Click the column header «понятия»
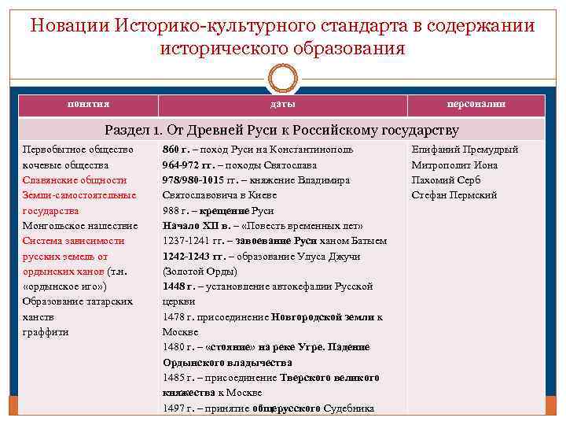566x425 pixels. click(88, 105)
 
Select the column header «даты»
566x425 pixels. click(283, 105)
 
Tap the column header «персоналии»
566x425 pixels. click(476, 105)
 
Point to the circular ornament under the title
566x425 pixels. click(282, 79)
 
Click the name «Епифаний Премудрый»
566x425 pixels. click(465, 150)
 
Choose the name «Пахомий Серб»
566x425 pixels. click(446, 179)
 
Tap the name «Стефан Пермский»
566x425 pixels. click(454, 195)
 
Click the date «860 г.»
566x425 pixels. click(176, 150)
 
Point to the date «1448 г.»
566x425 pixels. click(177, 286)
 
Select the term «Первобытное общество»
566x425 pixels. click(78, 150)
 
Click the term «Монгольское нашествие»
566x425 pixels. click(80, 226)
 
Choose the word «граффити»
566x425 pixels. click(46, 332)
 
